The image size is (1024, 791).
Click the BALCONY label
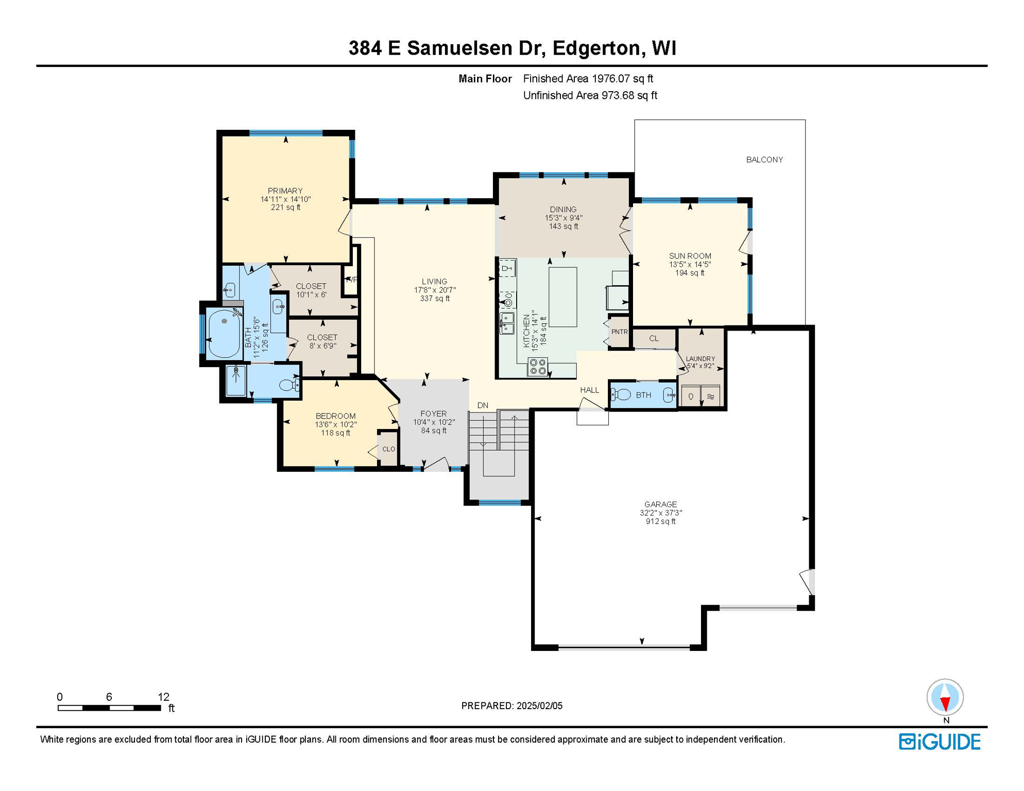pos(764,160)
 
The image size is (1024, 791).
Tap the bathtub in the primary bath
pos(225,333)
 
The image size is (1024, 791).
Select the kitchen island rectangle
pos(562,297)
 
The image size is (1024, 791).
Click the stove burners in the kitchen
pos(538,367)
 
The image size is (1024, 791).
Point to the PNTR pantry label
pos(619,332)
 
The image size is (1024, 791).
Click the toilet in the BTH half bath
pos(621,395)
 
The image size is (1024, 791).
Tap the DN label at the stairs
pos(483,405)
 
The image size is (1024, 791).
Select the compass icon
pos(945,698)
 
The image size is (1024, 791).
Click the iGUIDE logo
pos(940,742)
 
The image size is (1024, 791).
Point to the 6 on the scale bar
pos(109,697)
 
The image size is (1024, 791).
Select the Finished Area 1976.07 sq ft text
pos(588,79)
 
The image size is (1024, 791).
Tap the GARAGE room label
pos(660,504)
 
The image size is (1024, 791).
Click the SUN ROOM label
pos(690,256)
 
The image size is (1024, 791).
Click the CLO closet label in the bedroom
pos(388,449)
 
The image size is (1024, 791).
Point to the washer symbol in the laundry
pos(691,396)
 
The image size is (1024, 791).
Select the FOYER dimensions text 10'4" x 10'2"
pos(434,422)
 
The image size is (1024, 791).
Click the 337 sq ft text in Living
pos(435,299)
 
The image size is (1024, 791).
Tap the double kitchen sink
pos(507,323)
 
